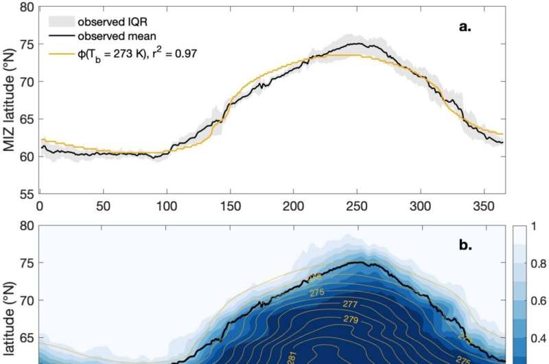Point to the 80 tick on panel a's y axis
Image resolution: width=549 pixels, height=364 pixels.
pyautogui.click(x=25, y=7)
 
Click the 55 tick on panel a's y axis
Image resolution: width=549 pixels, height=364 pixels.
pyautogui.click(x=25, y=194)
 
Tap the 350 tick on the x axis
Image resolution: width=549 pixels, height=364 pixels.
pyautogui.click(x=484, y=205)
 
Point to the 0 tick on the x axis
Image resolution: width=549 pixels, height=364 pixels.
pyautogui.click(x=40, y=205)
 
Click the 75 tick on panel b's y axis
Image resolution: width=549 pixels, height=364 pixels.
pyautogui.click(x=25, y=263)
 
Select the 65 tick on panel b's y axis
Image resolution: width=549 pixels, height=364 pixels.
pyautogui.click(x=25, y=338)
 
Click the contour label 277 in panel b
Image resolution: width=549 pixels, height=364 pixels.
pyautogui.click(x=351, y=304)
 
